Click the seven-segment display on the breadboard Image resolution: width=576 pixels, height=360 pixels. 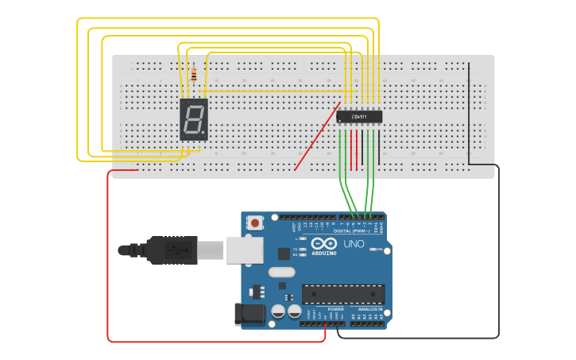pyautogui.click(x=194, y=120)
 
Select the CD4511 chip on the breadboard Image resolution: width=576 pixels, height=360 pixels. pyautogui.click(x=359, y=117)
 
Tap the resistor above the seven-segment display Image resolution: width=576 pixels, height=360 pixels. pyautogui.click(x=194, y=75)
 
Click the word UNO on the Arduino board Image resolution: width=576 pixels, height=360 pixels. pyautogui.click(x=354, y=244)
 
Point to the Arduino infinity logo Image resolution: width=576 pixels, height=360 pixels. pyautogui.click(x=323, y=244)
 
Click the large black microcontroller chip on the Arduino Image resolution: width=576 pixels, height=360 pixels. pyautogui.click(x=342, y=293)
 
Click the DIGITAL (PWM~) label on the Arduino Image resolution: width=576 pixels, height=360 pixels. pyautogui.click(x=362, y=231)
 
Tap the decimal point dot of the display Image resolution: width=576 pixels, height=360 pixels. pyautogui.click(x=205, y=133)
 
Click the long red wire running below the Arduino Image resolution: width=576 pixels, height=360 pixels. pyautogui.click(x=215, y=342)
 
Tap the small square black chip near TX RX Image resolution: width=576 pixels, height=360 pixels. pyautogui.click(x=284, y=254)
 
